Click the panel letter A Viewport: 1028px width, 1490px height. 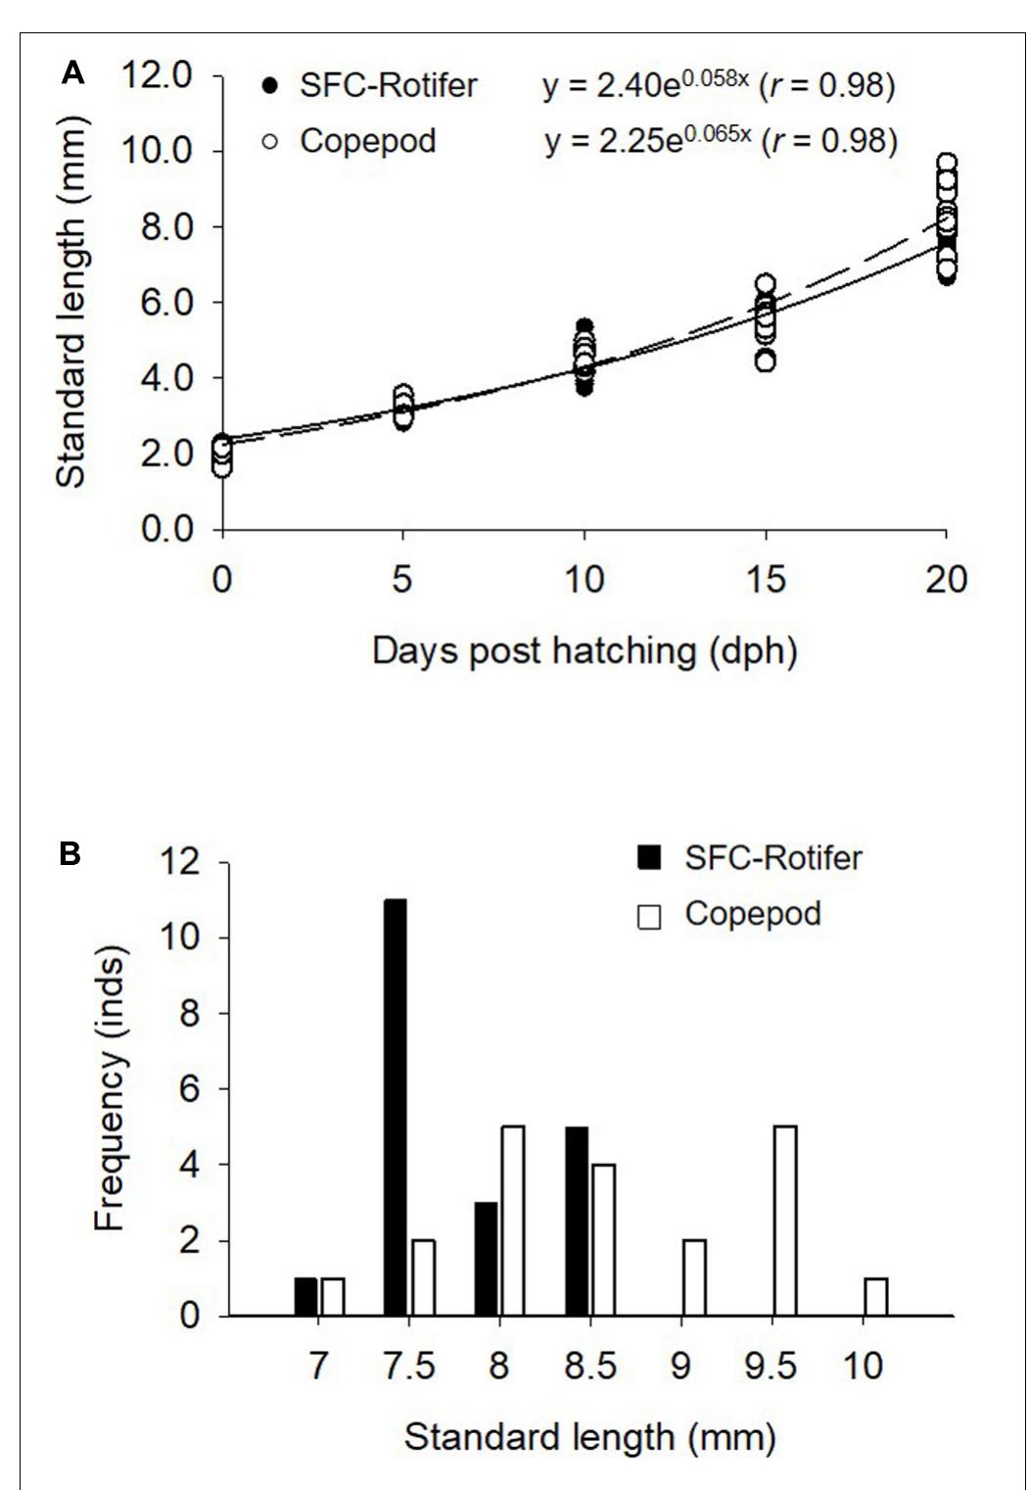tap(72, 73)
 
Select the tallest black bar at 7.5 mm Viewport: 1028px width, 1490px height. tap(396, 1107)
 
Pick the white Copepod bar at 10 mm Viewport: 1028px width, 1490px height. tap(876, 1296)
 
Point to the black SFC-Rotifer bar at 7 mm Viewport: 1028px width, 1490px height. tap(305, 1296)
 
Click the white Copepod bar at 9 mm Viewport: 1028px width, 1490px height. tap(694, 1277)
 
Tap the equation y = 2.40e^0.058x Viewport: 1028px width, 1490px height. tap(646, 85)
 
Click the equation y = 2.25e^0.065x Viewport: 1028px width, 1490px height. tap(647, 141)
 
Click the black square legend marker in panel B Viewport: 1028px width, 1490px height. tap(648, 859)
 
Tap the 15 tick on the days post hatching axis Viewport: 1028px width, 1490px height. tap(765, 579)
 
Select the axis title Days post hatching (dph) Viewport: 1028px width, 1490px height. tap(584, 650)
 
